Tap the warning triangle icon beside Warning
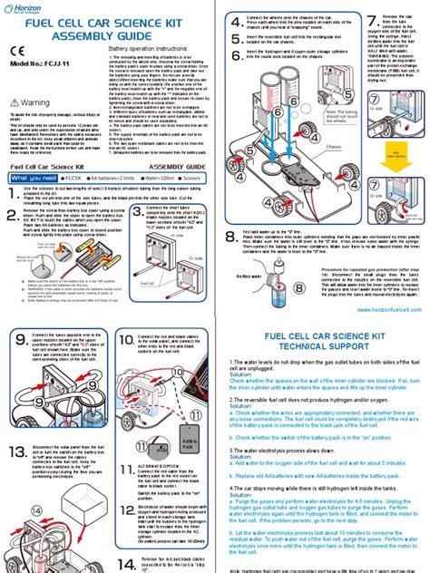(19, 102)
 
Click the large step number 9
(23, 317)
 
